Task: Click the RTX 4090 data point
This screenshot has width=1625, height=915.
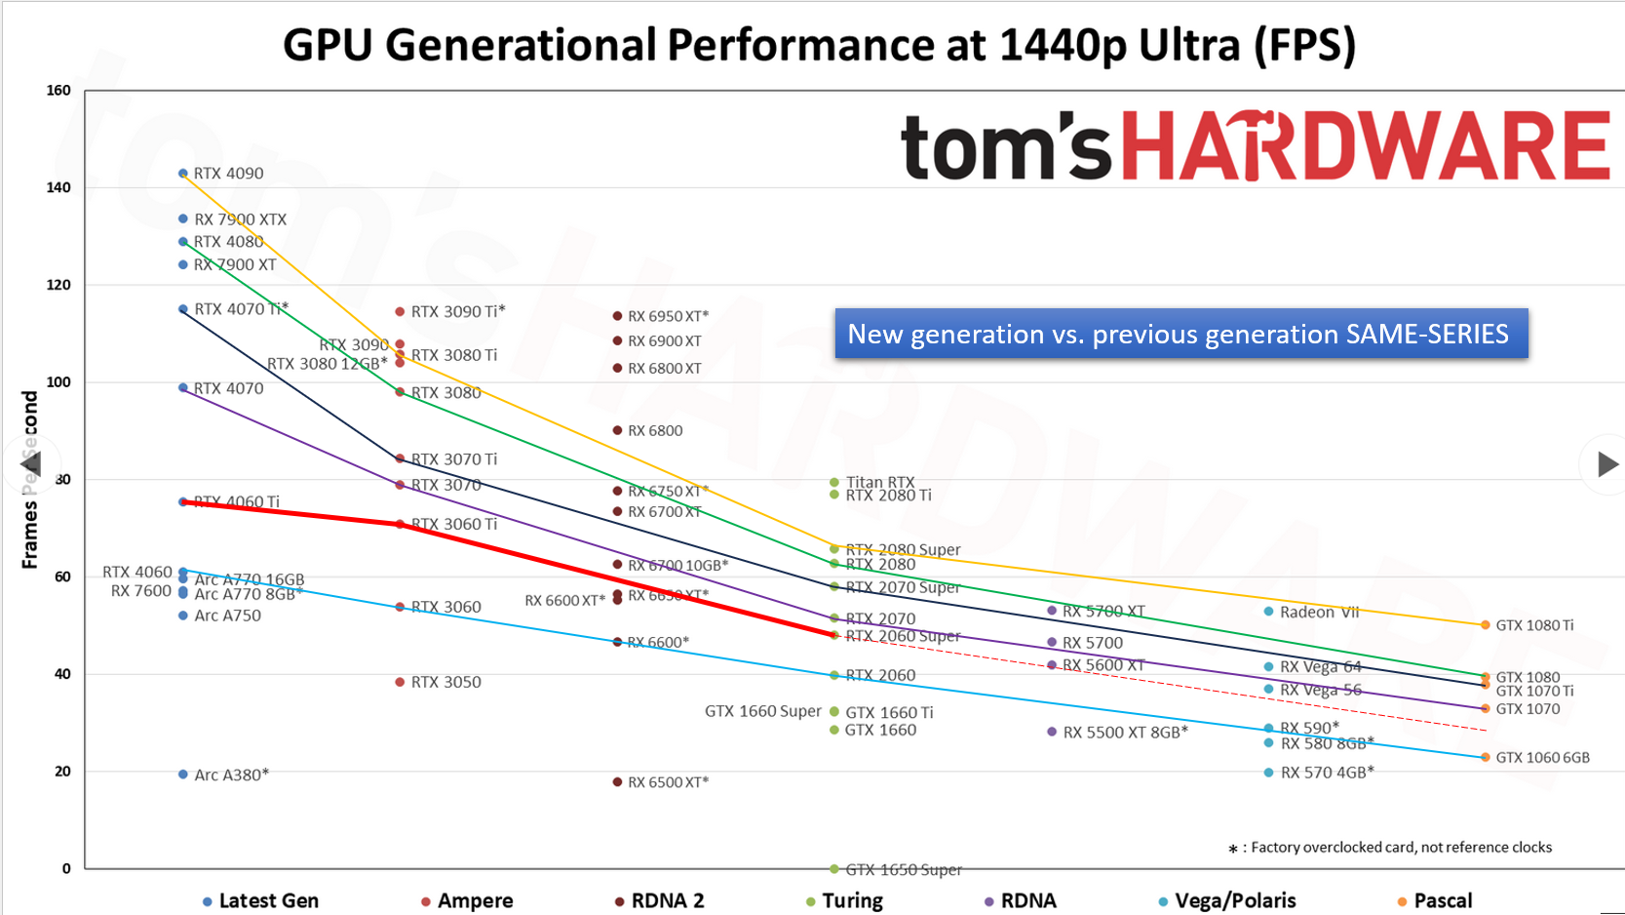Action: pos(183,174)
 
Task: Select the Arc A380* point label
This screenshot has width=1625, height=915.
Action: pos(231,776)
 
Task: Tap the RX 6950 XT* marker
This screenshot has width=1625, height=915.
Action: pos(617,316)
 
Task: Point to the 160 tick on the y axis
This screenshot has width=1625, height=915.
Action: pos(58,91)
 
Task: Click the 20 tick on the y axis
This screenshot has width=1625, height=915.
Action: pos(62,772)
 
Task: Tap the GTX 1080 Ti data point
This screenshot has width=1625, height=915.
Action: pos(1486,625)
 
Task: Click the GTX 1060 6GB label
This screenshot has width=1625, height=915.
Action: pos(1542,758)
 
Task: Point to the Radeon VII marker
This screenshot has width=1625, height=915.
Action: pos(1268,612)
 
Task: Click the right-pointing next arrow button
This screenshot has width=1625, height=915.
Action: pos(1606,464)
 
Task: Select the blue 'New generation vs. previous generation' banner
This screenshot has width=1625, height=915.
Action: pos(1180,335)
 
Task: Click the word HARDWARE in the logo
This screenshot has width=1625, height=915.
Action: pos(1365,146)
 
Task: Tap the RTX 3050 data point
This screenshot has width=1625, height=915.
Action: pos(400,682)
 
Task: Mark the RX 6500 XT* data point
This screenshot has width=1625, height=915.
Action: pos(617,782)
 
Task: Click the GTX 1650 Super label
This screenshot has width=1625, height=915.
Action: pos(903,870)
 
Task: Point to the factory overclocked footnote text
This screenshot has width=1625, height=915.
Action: pos(1400,848)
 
